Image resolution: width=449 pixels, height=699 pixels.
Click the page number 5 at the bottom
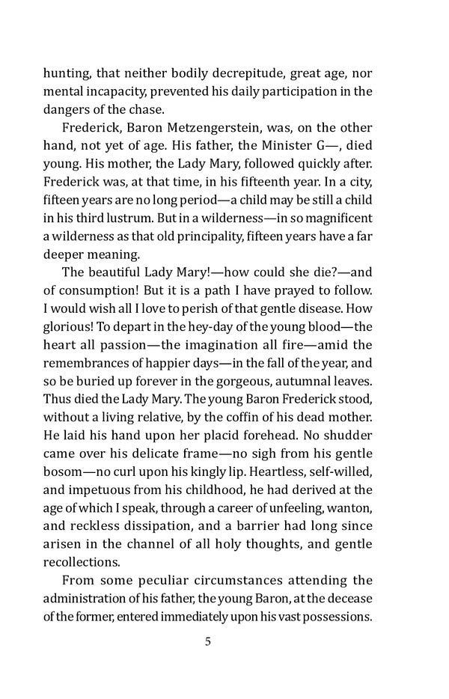[x=208, y=642]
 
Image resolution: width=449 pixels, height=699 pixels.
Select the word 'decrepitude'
[x=233, y=73]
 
